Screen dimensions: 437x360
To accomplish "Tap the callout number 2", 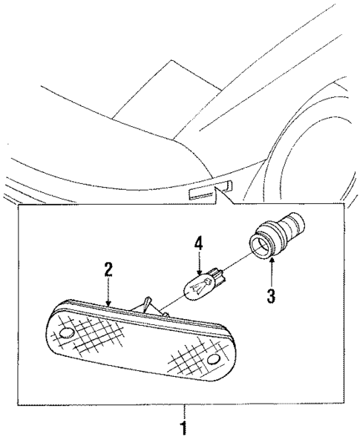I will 108,269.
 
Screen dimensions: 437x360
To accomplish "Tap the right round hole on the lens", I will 215,360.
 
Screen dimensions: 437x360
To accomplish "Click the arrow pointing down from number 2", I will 109,293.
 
